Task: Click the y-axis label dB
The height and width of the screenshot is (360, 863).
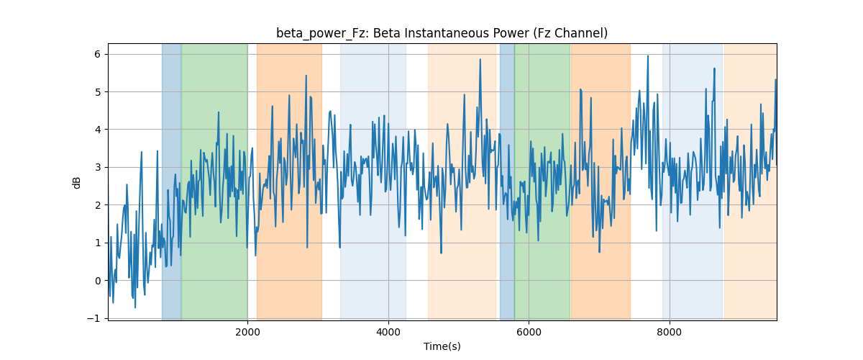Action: (77, 183)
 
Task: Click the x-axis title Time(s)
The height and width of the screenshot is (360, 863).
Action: (442, 346)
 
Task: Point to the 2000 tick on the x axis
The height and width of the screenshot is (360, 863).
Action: (247, 332)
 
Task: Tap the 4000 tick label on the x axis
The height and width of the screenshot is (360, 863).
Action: (388, 332)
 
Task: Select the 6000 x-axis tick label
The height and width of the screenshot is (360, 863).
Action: (529, 332)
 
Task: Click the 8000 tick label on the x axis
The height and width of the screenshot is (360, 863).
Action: (670, 332)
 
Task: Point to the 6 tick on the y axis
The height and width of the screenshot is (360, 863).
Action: (98, 55)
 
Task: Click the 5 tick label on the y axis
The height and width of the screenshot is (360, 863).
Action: (98, 92)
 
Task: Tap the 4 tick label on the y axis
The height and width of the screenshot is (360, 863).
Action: (98, 130)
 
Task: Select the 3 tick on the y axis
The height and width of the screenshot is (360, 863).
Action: (98, 168)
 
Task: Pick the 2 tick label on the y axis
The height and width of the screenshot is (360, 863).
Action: (98, 205)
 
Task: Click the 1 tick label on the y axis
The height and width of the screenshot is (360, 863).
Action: (98, 243)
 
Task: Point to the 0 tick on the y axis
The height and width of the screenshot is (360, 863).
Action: (98, 281)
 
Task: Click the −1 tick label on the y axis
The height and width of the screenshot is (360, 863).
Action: (94, 319)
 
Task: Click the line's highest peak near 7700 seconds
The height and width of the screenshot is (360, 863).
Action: (648, 56)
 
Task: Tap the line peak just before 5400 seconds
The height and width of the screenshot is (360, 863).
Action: (480, 60)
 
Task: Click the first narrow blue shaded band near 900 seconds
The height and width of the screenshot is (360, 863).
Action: (171, 181)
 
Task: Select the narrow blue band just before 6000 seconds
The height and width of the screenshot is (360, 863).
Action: (507, 181)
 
